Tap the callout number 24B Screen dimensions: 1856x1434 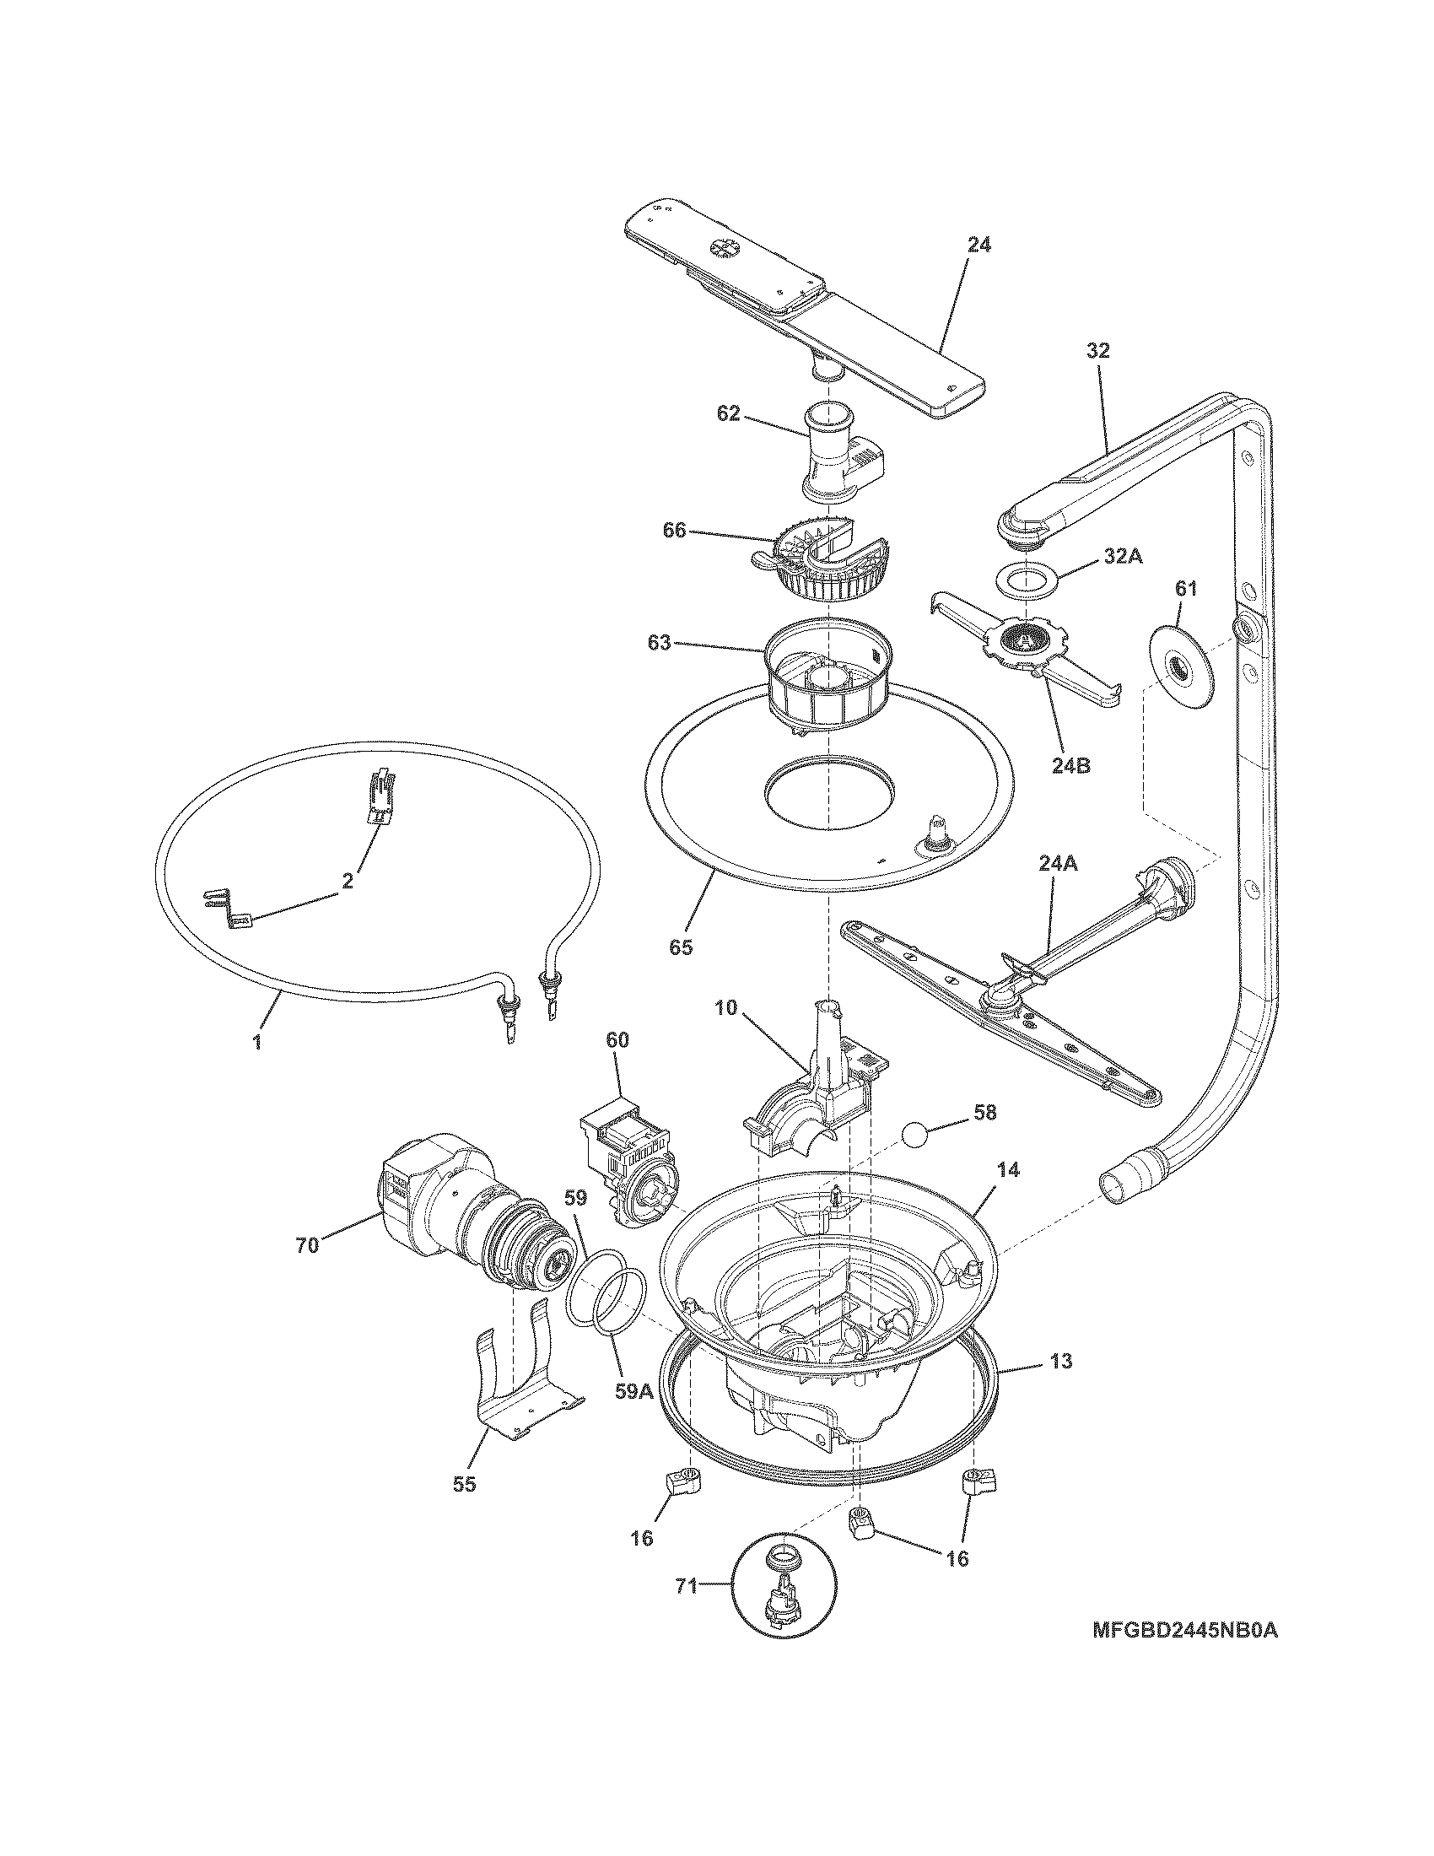pos(1070,765)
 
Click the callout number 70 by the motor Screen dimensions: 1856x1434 pos(307,1245)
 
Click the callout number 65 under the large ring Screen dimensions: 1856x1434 pos(681,947)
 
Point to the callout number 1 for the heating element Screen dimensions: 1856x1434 pos(256,1039)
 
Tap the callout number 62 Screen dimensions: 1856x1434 pos(728,415)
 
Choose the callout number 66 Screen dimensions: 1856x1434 pos(675,531)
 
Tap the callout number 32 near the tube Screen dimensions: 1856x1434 pos(1097,350)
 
